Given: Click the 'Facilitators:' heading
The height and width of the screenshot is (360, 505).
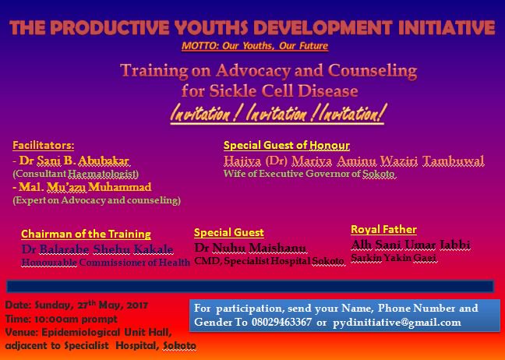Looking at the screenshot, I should coord(44,145).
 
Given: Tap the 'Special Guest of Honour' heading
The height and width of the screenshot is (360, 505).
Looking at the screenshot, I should coord(286,146).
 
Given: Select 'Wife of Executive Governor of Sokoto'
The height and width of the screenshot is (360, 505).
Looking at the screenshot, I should coord(310,174).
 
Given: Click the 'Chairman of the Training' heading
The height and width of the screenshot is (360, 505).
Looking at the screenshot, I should coord(86,234).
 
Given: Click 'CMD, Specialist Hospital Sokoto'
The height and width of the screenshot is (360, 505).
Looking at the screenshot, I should coord(269,260).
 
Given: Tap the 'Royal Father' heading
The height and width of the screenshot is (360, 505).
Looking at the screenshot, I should coord(383,229).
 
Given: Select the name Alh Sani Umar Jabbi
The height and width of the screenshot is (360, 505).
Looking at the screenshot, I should coord(411,244).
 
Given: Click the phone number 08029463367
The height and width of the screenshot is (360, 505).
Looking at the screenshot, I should coord(345,323).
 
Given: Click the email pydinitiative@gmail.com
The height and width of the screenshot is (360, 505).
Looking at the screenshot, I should coord(417,323).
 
